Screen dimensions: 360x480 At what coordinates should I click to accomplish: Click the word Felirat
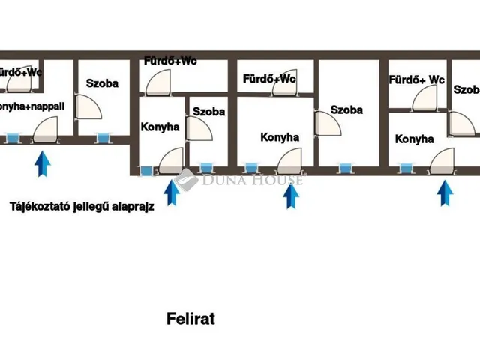(190, 319)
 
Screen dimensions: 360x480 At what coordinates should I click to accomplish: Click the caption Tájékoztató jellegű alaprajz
(82, 207)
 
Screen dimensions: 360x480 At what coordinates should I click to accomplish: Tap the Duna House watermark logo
(240, 179)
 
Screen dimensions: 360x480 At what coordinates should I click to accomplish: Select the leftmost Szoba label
(102, 84)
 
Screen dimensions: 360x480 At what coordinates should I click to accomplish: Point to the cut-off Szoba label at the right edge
(466, 89)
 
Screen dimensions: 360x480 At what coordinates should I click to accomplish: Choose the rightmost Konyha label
(414, 139)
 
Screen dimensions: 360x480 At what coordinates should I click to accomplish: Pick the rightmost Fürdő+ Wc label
(417, 79)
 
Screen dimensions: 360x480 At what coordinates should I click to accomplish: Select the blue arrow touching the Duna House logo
(172, 192)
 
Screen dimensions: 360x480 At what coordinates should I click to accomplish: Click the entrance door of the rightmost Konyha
(443, 160)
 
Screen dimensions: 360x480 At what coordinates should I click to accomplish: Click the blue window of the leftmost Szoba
(102, 137)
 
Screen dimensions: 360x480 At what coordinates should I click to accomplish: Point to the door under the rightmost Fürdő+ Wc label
(424, 97)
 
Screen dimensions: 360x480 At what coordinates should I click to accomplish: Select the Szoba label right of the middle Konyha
(346, 109)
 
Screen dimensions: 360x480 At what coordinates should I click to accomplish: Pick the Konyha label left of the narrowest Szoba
(160, 127)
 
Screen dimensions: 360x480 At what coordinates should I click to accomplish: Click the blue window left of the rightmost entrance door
(405, 168)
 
